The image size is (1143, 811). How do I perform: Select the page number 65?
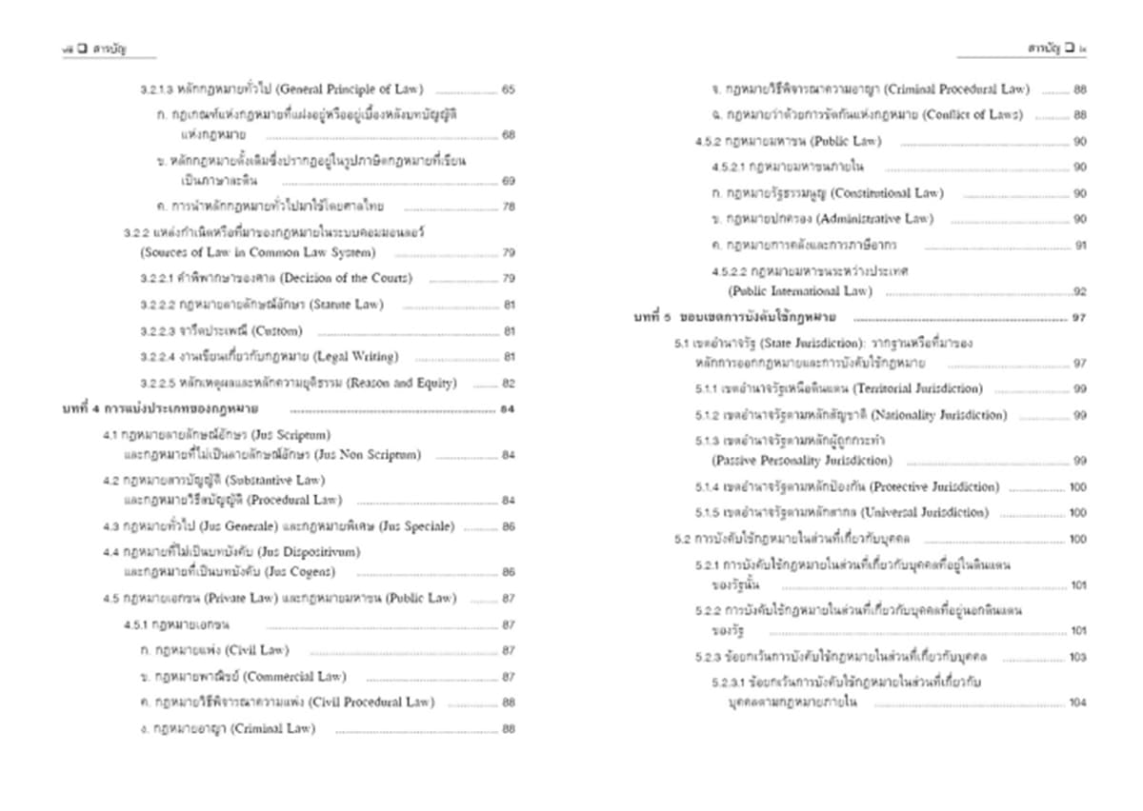[508, 90]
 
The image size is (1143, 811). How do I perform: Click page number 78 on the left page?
[508, 207]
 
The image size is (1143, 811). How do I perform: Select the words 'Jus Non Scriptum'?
[366, 455]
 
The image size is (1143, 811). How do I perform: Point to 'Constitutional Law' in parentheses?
[885, 193]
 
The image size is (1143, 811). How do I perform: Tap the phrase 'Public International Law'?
[799, 290]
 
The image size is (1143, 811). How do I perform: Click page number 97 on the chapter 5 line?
[1078, 318]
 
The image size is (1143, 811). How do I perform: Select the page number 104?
[1077, 702]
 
